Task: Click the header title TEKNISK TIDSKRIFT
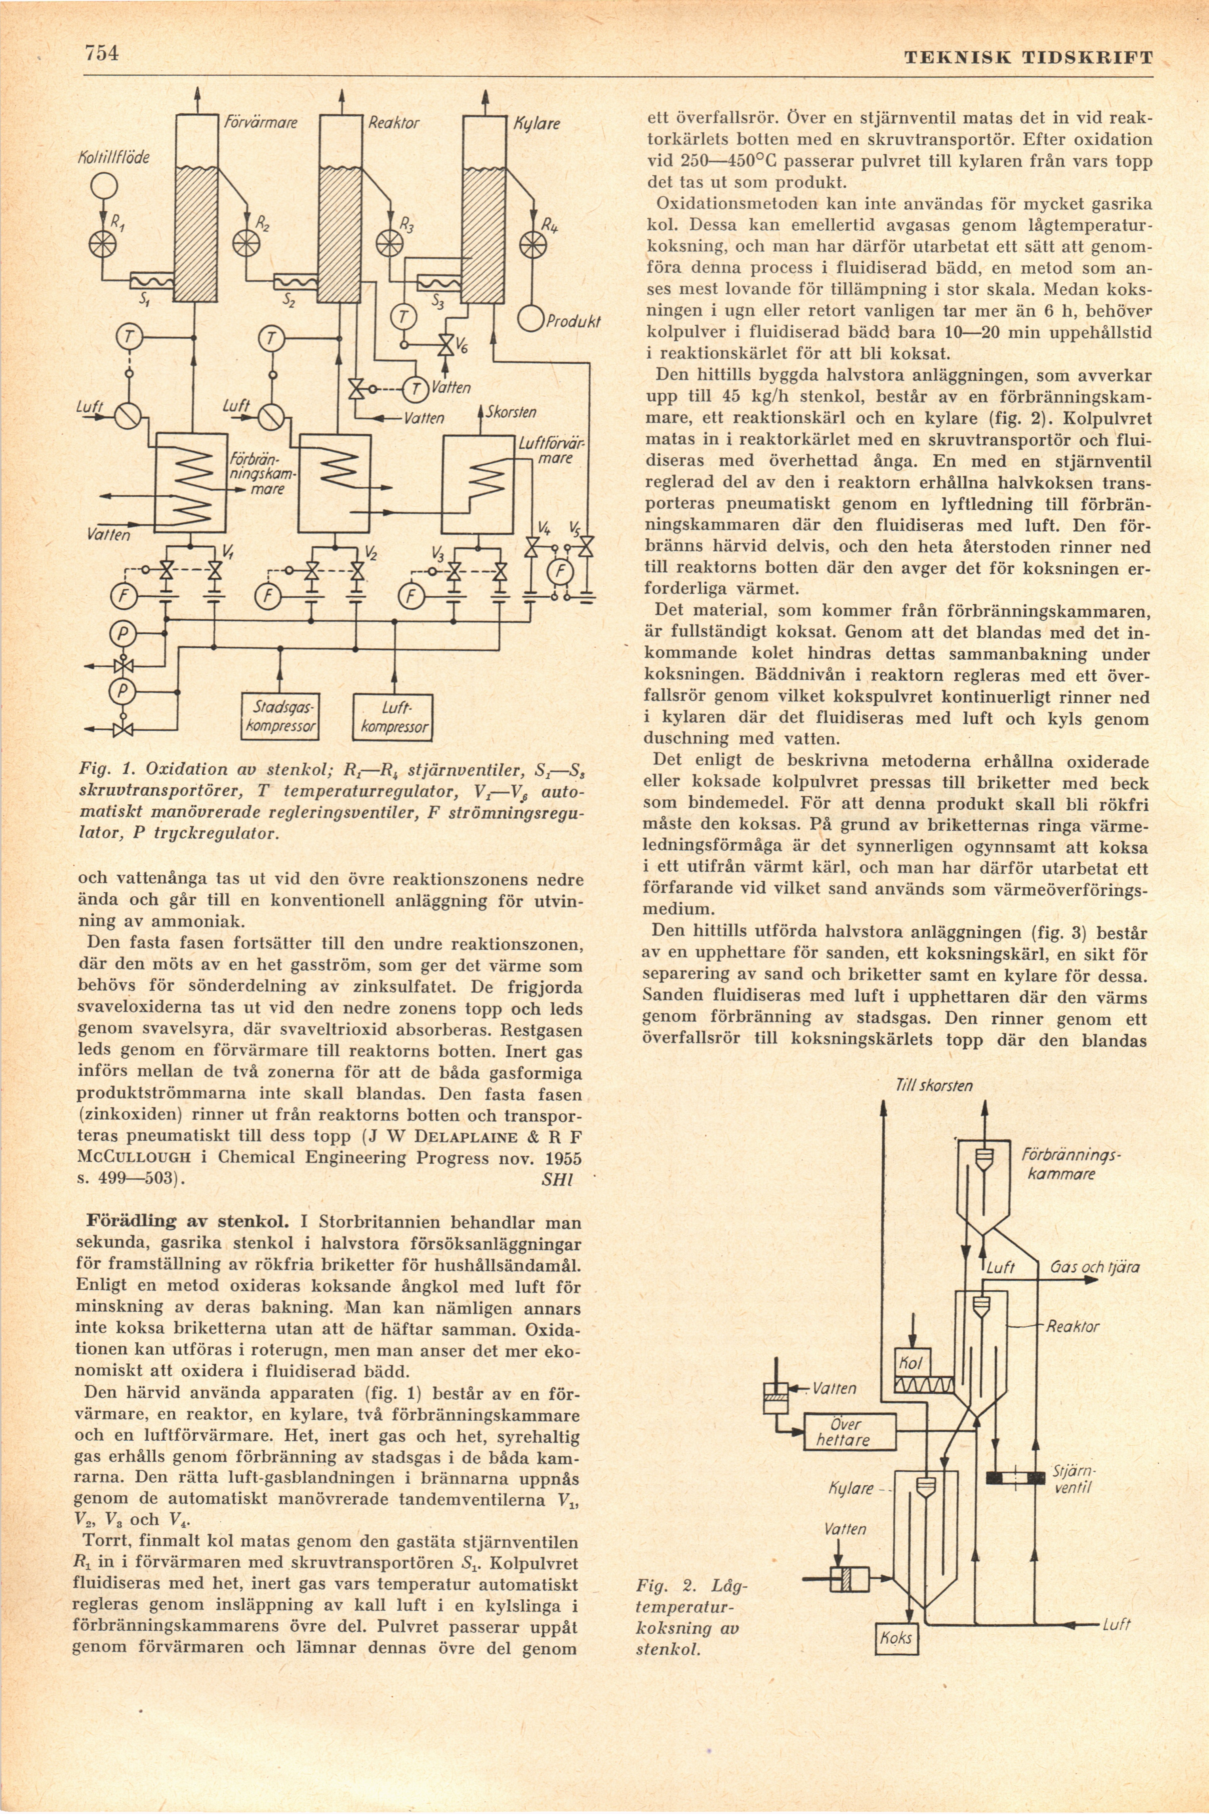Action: click(x=1029, y=58)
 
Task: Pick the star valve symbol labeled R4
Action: click(x=532, y=245)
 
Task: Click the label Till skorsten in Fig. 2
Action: click(x=934, y=1086)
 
